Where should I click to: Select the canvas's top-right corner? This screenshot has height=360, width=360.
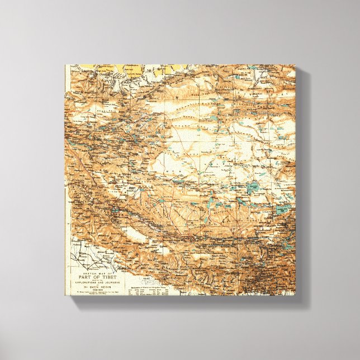pos(296,65)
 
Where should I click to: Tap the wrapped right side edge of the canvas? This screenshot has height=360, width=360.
pos(302,184)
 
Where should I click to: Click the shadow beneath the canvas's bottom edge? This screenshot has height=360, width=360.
pos(184,300)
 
